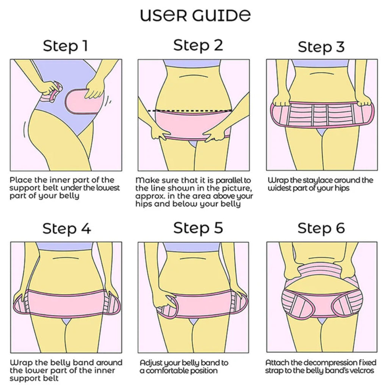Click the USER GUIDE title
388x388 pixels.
click(x=195, y=15)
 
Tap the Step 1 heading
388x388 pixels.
click(x=65, y=45)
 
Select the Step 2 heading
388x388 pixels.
click(x=198, y=45)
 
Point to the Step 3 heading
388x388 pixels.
click(x=321, y=47)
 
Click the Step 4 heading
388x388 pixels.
click(x=66, y=229)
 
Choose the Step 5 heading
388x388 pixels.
click(x=198, y=228)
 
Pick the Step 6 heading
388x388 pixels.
click(x=321, y=228)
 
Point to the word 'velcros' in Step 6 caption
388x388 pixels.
click(x=362, y=370)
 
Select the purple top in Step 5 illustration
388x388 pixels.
click(x=193, y=247)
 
